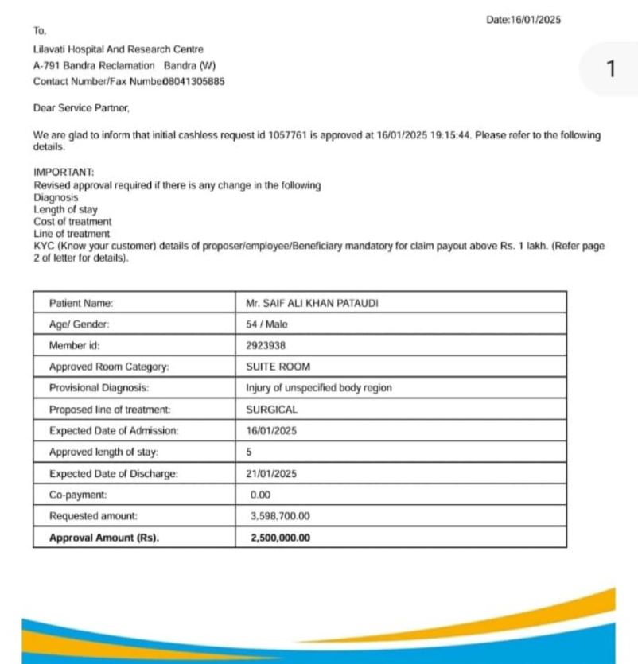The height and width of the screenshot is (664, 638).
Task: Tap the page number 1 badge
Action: pos(610,70)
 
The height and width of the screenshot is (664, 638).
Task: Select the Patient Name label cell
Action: pos(81,303)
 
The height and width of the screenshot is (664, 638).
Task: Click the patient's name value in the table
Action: pos(307,303)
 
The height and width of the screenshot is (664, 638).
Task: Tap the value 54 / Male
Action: pos(267,324)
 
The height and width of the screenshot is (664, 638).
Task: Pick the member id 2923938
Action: pos(266,346)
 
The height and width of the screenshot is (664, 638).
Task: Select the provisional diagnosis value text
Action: pos(319,389)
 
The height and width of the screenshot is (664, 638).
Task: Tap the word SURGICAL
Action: pos(272,410)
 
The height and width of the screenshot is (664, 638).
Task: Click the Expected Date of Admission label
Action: pos(114,431)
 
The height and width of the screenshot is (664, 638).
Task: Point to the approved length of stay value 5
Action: pos(250,452)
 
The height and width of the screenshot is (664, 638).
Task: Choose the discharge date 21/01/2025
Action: pos(272,473)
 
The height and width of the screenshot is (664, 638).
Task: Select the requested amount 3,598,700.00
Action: pos(280,516)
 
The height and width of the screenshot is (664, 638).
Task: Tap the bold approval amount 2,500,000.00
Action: pos(280,538)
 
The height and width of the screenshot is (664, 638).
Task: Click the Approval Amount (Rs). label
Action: pos(104,538)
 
